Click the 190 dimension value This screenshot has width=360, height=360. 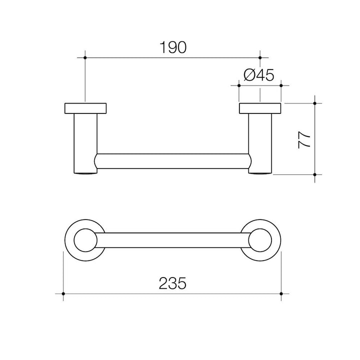(173, 47)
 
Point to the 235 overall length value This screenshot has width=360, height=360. (172, 283)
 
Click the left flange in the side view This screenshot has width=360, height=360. (85, 108)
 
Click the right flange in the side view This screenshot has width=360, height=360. (260, 108)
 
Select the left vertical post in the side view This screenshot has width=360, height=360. (84, 142)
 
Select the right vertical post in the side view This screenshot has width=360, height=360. (260, 142)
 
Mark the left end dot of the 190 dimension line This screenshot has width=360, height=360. (85, 58)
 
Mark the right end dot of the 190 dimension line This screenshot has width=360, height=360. (260, 58)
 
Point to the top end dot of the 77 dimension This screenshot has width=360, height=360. (314, 103)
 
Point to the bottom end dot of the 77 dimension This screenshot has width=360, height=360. (314, 174)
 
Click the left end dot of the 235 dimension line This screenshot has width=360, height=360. (63, 293)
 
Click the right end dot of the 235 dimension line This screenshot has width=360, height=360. (281, 293)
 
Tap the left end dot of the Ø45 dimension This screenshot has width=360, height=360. (238, 85)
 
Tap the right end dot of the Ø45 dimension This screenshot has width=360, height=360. (281, 85)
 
